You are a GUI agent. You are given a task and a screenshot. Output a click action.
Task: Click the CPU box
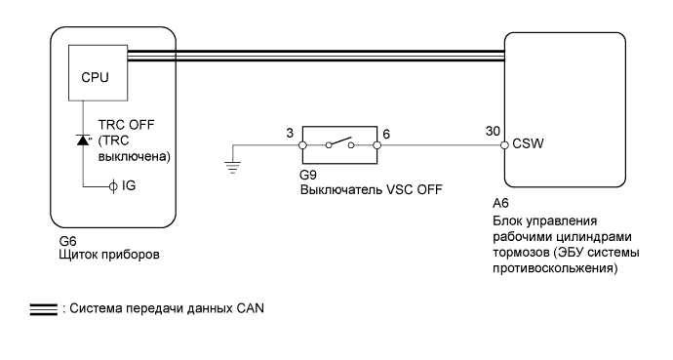96,73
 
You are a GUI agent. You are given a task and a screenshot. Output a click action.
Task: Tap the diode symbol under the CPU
83,142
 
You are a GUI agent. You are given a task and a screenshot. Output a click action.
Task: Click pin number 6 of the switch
387,130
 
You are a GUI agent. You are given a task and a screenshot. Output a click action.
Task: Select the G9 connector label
307,179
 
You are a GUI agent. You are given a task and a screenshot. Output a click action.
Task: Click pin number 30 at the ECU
493,131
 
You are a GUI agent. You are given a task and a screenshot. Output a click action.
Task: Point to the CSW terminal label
528,145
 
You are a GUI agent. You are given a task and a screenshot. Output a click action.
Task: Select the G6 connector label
68,239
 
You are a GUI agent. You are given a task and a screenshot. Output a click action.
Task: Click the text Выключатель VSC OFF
367,191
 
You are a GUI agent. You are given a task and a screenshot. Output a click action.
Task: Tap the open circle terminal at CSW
504,145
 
